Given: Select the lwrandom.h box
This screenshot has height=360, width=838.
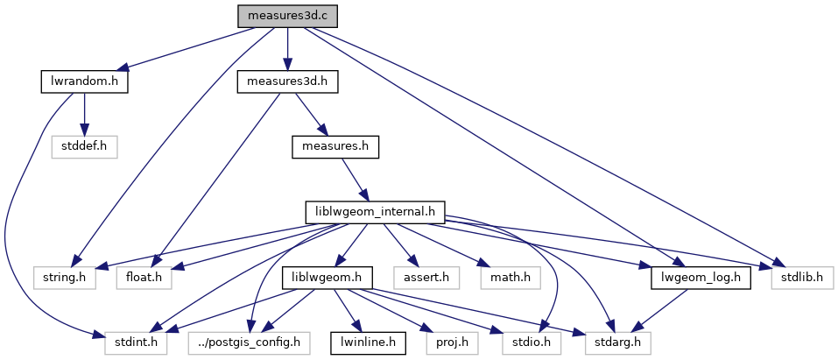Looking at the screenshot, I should click(x=84, y=82).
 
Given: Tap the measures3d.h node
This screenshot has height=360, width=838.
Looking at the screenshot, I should click(x=287, y=82).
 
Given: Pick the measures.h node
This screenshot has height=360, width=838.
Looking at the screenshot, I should click(x=334, y=147).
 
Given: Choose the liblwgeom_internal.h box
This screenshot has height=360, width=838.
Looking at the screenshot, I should click(x=375, y=212).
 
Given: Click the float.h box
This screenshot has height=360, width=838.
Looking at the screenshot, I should click(x=144, y=278).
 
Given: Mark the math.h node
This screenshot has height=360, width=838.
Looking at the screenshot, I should click(x=510, y=278).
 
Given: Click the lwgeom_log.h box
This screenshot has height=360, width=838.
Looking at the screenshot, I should click(x=702, y=278).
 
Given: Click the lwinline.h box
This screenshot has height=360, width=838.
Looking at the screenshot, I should click(x=368, y=342).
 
